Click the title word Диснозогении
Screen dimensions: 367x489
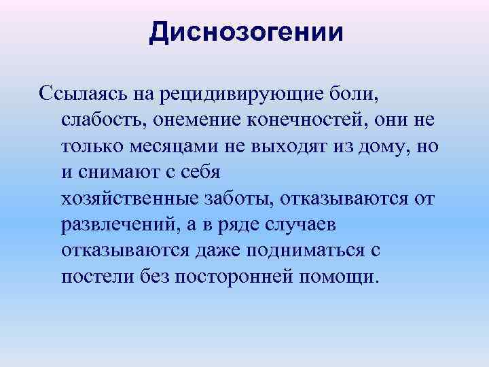[247, 33]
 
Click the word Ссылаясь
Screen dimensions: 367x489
[76, 93]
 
